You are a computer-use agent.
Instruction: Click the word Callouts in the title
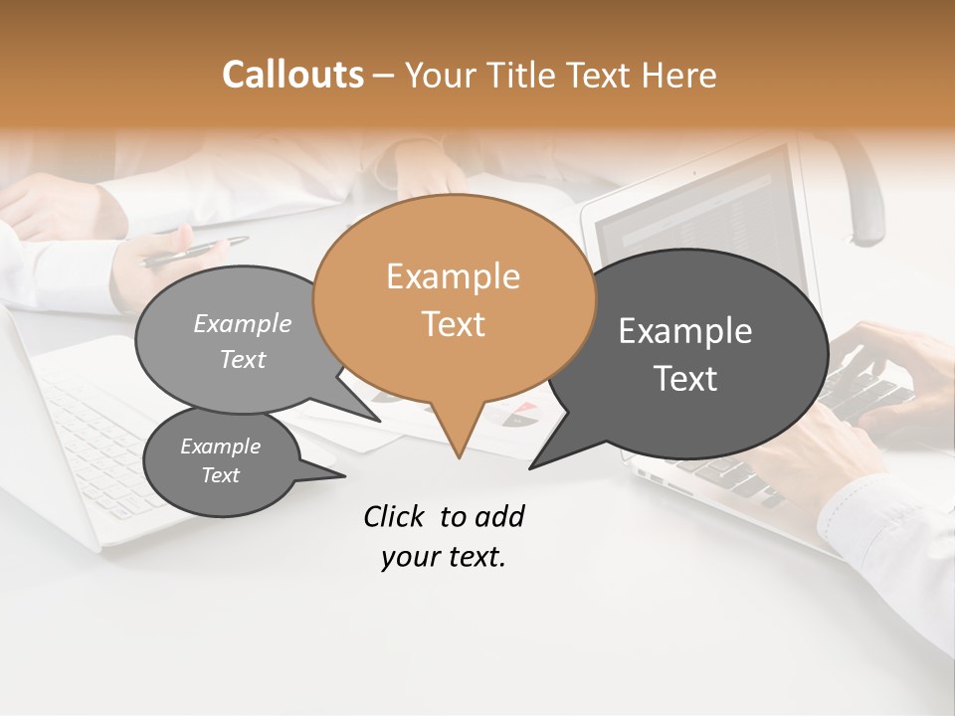coord(292,75)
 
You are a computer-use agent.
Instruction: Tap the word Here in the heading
coord(678,75)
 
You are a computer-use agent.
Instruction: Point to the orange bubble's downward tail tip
coord(459,456)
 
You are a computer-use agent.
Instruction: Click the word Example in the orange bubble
coord(453,276)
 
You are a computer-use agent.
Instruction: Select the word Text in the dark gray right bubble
coord(685,379)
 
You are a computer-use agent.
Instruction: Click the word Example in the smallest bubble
coord(220,447)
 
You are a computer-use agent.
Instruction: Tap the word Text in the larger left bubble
coord(243,360)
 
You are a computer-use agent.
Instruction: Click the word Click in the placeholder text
coord(397,516)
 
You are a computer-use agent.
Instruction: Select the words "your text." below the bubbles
coord(443,558)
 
